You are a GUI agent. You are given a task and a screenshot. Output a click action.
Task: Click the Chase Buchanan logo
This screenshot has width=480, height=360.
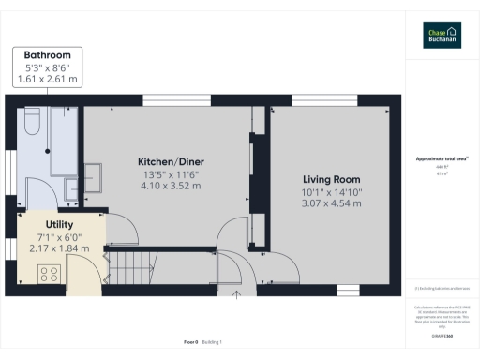(442, 34)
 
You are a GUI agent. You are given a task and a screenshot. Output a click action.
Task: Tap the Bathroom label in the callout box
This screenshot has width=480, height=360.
(53, 55)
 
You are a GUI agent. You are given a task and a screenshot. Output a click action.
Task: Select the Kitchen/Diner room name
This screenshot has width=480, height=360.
(164, 161)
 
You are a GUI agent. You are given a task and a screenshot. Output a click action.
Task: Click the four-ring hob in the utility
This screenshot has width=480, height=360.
(49, 274)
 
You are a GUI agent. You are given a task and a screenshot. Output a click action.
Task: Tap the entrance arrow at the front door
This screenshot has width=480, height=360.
(236, 298)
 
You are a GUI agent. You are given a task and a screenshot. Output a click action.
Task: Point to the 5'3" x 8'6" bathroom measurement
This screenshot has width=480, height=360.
(53, 67)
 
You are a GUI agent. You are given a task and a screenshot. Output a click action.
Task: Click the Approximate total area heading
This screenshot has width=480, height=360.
(441, 160)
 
